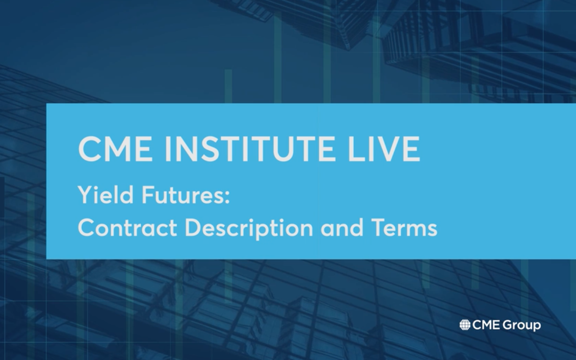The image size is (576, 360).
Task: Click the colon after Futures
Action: [x=227, y=198]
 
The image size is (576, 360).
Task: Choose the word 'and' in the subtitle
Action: [x=341, y=227]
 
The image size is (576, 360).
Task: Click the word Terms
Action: [x=403, y=228]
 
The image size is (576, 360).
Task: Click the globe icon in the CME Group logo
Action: [x=465, y=325]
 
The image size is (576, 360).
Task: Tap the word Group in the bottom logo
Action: [x=522, y=326]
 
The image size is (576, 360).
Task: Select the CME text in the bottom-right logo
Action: [x=486, y=325]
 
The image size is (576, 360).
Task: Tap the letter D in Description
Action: [x=194, y=228]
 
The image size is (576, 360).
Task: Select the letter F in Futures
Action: [x=148, y=195]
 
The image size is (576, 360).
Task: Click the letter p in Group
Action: [x=537, y=327]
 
